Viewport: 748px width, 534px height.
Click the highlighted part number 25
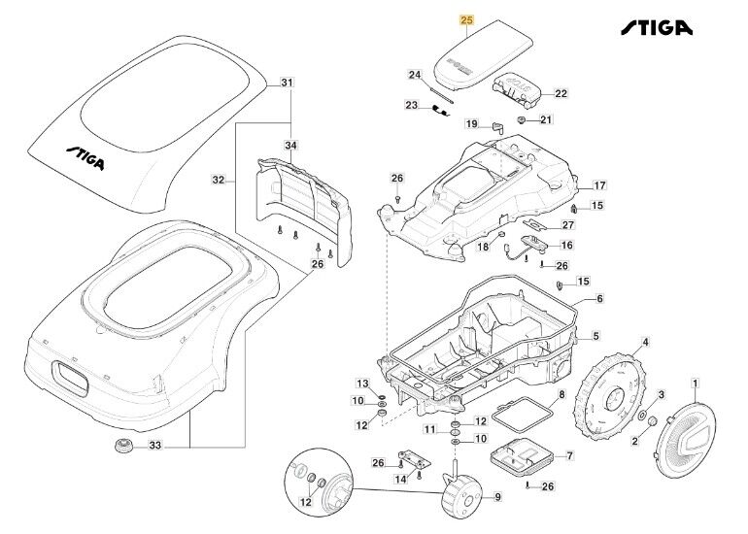pyautogui.click(x=466, y=19)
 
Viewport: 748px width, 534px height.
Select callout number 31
pyautogui.click(x=287, y=83)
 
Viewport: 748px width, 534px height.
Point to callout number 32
pyautogui.click(x=218, y=181)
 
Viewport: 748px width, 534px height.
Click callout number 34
pyautogui.click(x=290, y=145)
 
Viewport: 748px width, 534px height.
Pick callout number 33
pyautogui.click(x=156, y=447)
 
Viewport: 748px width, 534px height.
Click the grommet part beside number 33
pyautogui.click(x=123, y=447)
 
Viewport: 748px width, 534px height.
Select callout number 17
pyautogui.click(x=599, y=184)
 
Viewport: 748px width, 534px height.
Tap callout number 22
pyautogui.click(x=561, y=94)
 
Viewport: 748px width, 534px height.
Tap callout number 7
pyautogui.click(x=569, y=455)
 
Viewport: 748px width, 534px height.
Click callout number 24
pyautogui.click(x=415, y=75)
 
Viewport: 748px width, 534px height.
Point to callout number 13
pyautogui.click(x=361, y=384)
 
